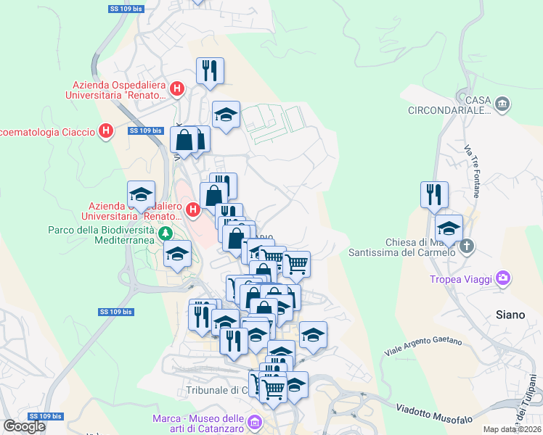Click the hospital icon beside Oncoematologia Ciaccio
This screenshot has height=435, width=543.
(106, 131)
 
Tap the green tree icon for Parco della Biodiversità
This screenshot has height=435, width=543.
(166, 233)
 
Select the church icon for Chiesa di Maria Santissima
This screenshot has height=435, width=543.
(466, 246)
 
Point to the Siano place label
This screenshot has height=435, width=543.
(508, 315)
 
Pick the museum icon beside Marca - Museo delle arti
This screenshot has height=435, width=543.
(254, 421)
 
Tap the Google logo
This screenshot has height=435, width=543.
(24, 426)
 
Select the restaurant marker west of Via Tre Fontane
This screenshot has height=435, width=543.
(434, 194)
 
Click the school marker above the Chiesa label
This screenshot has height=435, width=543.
(449, 226)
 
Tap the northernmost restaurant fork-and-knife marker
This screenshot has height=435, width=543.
(210, 70)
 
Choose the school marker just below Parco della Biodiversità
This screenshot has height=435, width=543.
(176, 254)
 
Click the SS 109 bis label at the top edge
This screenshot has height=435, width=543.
(123, 8)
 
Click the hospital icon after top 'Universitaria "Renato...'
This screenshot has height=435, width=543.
(178, 89)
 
